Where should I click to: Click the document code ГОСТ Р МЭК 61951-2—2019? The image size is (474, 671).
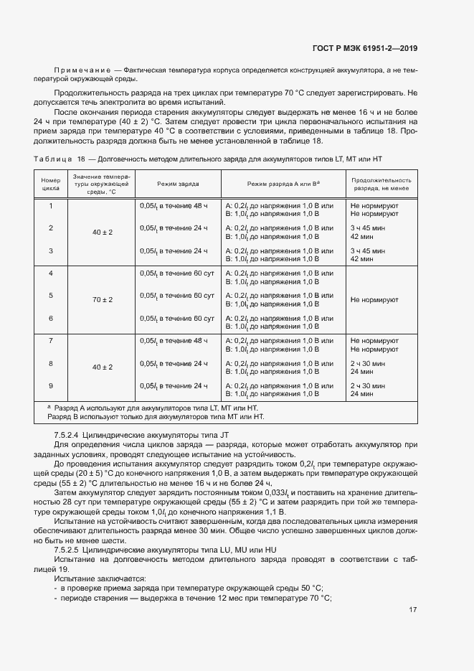(364, 49)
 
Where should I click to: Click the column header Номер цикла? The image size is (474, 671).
(50, 184)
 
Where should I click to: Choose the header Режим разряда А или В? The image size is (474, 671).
(283, 184)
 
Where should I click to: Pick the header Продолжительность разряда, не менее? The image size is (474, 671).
(381, 184)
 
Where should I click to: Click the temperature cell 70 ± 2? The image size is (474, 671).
(103, 299)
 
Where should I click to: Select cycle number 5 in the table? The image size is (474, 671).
(50, 295)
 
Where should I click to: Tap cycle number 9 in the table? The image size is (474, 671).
(50, 385)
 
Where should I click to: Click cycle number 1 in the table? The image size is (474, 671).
(50, 205)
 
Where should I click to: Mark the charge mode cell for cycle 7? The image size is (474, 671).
(174, 340)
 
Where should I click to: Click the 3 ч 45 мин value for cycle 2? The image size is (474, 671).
(368, 227)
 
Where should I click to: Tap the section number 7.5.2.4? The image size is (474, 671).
(72, 436)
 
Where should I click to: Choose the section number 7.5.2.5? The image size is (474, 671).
(72, 549)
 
